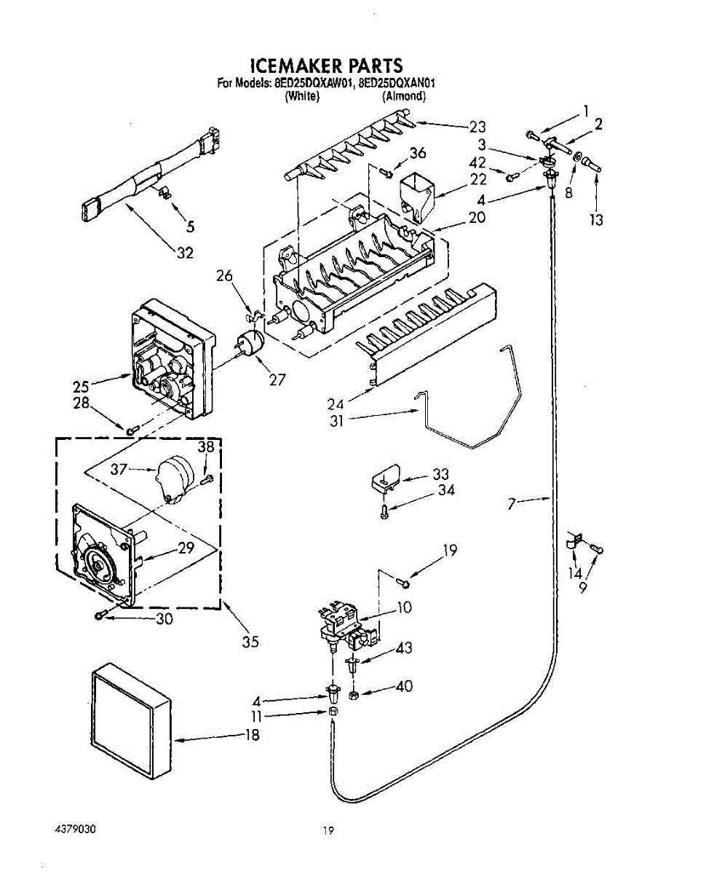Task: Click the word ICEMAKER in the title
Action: [x=294, y=66]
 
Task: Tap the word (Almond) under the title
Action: [x=403, y=96]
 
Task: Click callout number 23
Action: [x=477, y=127]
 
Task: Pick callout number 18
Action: [x=252, y=734]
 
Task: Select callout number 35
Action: [x=250, y=642]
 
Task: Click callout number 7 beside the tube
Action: [x=511, y=503]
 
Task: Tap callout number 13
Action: [x=597, y=220]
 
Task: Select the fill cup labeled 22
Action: [x=416, y=197]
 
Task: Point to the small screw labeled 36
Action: [x=386, y=173]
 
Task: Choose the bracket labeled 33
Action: [x=386, y=478]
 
